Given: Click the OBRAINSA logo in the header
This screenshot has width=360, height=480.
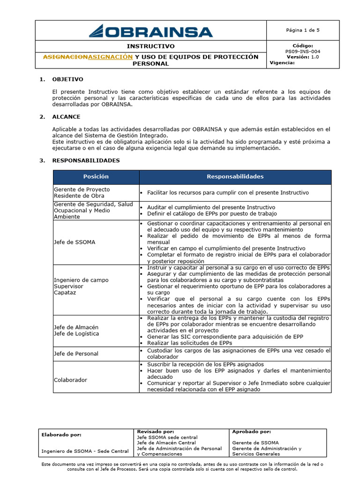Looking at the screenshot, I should [150, 31].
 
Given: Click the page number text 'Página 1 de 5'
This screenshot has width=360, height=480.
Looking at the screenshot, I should [302, 30].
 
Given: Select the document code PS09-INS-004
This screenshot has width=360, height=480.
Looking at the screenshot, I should [303, 52].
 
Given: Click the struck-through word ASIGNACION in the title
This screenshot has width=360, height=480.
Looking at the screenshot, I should [65, 57].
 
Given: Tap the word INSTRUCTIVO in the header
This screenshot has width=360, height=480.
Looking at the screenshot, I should [150, 46].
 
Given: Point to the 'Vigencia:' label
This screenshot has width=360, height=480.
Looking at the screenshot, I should [282, 63].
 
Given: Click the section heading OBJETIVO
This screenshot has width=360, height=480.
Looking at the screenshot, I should [67, 79].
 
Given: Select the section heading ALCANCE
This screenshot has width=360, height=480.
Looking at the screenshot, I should [66, 117].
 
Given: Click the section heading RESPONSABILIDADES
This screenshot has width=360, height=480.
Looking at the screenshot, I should [86, 160].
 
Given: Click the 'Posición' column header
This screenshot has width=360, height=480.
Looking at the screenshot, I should [96, 177].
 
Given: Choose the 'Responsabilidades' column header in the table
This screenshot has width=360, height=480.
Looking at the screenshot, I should [235, 177].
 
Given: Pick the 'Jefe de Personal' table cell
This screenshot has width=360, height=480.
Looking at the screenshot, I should [76, 353].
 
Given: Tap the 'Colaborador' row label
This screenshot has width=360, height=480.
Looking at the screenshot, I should [70, 380].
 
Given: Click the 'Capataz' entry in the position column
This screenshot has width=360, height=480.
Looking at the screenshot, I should [65, 292].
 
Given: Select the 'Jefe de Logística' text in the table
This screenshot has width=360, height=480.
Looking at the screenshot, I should [76, 333].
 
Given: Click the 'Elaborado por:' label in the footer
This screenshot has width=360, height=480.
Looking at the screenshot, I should [61, 435].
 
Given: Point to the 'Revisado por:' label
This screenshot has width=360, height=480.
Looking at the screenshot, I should [155, 431].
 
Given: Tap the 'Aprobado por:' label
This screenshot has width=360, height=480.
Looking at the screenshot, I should [251, 431].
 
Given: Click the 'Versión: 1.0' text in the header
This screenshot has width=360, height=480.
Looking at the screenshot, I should [303, 57].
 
